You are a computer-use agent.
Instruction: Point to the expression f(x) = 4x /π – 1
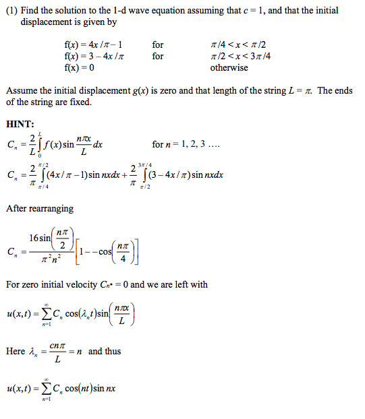[x=95, y=44]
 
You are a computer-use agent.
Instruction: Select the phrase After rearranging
[x=40, y=208]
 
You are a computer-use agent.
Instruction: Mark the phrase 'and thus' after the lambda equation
[x=103, y=351]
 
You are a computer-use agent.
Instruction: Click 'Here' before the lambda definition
[x=16, y=351]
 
